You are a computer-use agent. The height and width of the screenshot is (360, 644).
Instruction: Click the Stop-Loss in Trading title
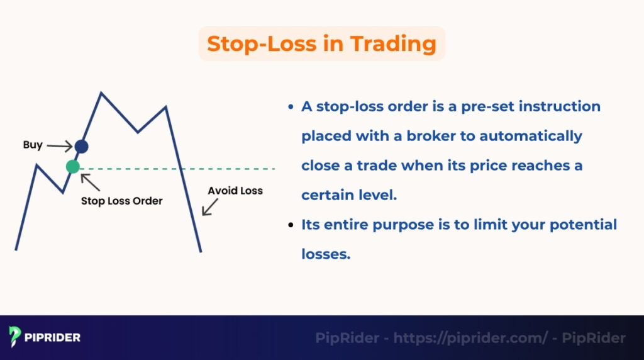[321, 43]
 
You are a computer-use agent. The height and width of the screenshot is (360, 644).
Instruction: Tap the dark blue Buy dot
[81, 147]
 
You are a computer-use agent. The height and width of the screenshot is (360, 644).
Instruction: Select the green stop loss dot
[73, 167]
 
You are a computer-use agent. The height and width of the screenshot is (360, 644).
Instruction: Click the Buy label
[33, 145]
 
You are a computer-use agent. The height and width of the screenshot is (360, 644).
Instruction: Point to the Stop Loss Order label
[121, 201]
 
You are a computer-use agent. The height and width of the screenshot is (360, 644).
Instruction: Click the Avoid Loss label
[235, 190]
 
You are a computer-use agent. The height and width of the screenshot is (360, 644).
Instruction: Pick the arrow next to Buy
[60, 147]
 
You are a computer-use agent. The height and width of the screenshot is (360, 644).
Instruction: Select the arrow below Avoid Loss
[210, 207]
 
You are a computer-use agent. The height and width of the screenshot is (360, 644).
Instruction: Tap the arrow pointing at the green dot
[90, 182]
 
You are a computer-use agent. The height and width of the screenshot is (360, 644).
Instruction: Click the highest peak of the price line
[101, 94]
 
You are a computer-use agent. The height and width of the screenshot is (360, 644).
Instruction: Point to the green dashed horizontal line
[189, 169]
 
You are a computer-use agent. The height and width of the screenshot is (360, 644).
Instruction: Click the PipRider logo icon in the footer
[15, 337]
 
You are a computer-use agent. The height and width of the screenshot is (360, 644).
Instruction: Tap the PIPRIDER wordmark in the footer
[53, 337]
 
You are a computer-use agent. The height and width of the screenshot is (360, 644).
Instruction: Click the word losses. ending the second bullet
[325, 254]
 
